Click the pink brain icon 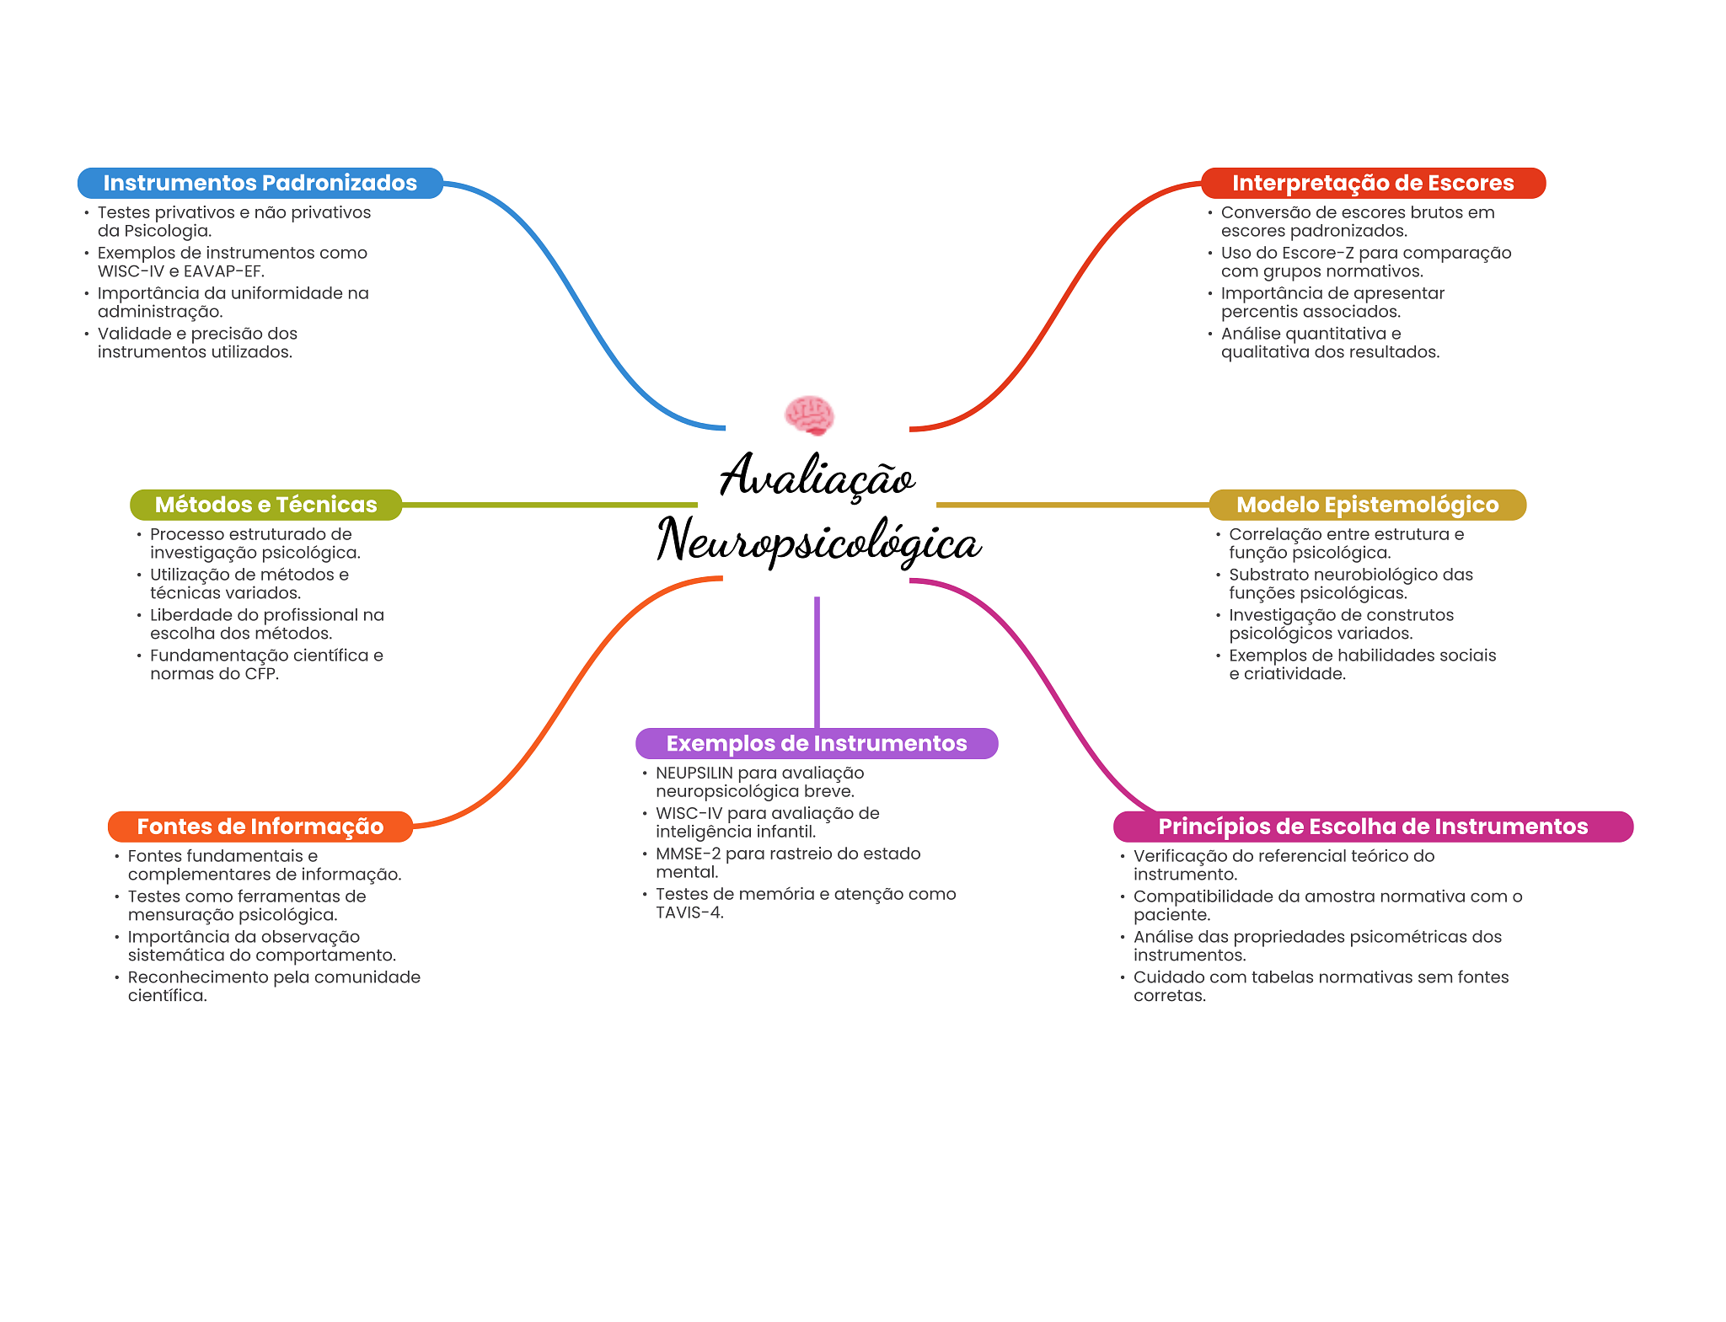coord(809,415)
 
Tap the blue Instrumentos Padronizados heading coord(260,183)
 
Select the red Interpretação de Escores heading coord(1373,183)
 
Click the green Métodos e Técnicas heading coord(265,505)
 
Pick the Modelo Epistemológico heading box coord(1367,505)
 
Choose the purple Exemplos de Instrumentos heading coord(816,743)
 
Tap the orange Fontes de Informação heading coord(260,827)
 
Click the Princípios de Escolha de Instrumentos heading coord(1372,827)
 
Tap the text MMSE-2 coord(688,854)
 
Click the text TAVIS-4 coord(689,913)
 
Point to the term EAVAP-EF coord(223,271)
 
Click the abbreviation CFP coord(260,674)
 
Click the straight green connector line coord(548,505)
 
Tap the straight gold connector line coord(1070,505)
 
